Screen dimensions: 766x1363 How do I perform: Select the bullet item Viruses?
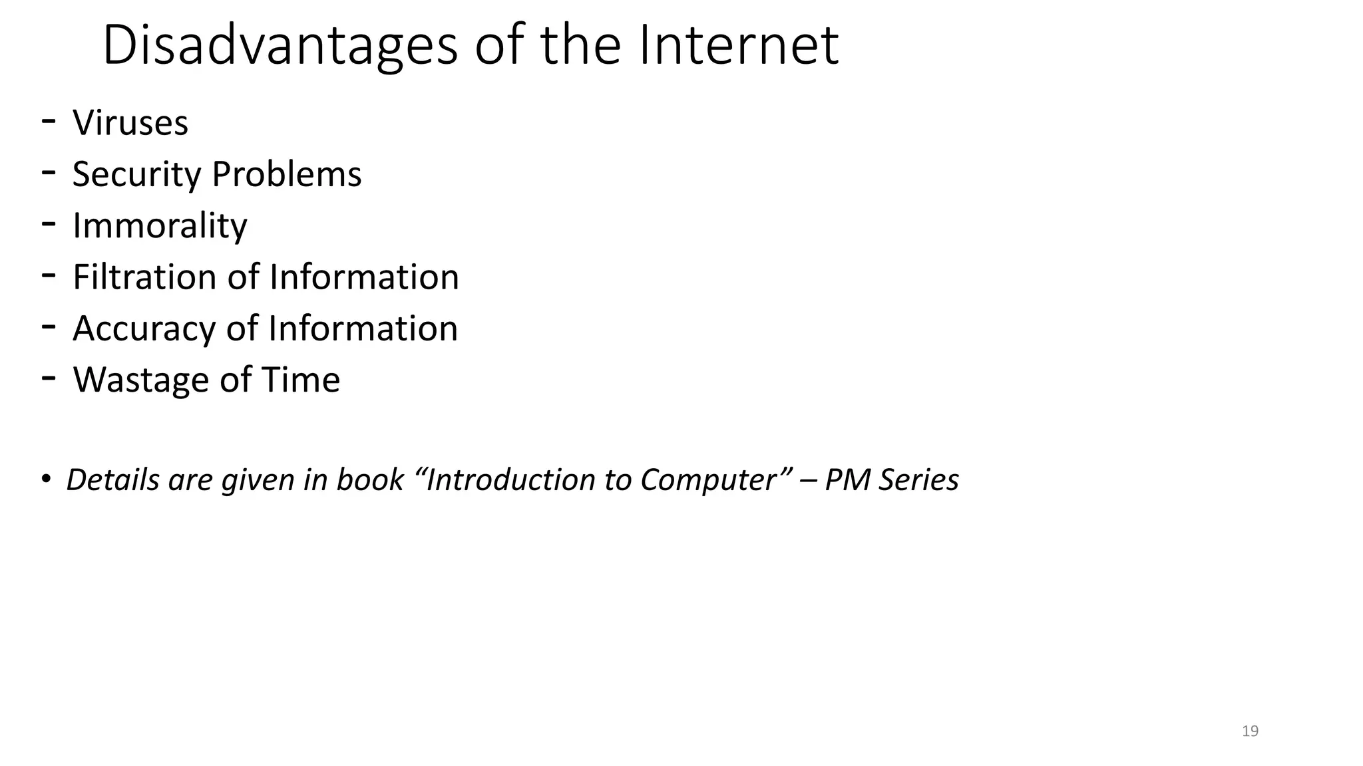(x=130, y=123)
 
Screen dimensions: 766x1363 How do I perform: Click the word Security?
(x=136, y=174)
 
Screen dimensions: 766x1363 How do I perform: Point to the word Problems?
(x=286, y=174)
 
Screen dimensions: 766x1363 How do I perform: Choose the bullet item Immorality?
(x=160, y=225)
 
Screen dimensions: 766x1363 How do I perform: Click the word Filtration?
(x=144, y=277)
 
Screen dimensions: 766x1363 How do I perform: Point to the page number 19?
(x=1250, y=731)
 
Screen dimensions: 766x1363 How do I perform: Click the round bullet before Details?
(x=45, y=479)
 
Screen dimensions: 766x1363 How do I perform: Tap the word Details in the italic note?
(x=112, y=479)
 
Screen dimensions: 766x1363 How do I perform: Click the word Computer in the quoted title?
(x=708, y=479)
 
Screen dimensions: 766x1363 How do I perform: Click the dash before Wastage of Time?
(x=48, y=378)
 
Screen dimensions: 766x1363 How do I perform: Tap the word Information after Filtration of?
(x=364, y=277)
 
